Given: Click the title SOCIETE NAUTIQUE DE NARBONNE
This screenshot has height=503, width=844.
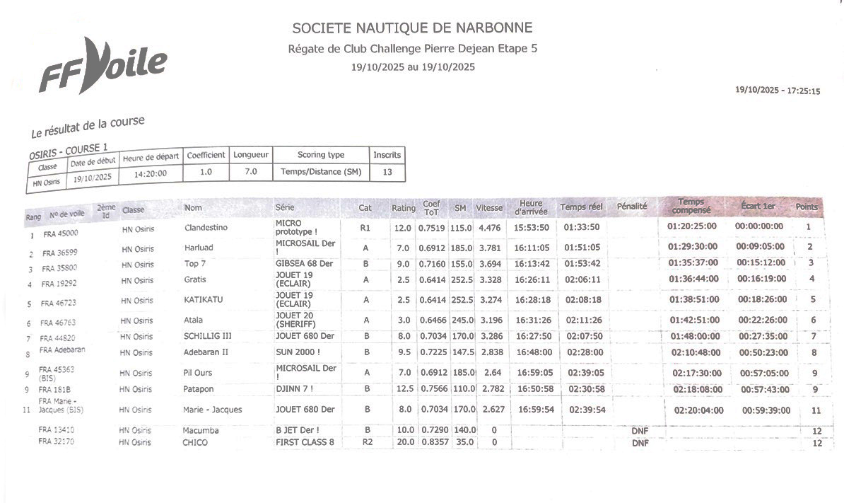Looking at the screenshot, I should (x=412, y=28).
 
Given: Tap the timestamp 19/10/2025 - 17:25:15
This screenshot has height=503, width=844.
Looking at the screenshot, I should (x=777, y=91).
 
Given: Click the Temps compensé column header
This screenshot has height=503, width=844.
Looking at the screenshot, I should (x=691, y=206).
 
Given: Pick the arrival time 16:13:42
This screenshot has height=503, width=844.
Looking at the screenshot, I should (x=533, y=264).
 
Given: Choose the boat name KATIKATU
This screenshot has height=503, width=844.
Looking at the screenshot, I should (x=203, y=300).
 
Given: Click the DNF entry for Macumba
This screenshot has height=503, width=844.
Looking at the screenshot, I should (x=639, y=431).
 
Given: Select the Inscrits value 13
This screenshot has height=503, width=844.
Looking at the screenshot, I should (x=387, y=171).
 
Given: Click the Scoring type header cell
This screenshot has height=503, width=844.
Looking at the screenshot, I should (x=320, y=155).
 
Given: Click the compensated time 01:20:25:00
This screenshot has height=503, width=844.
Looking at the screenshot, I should (x=692, y=226).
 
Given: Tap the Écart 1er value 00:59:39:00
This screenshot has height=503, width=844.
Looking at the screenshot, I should (x=765, y=410).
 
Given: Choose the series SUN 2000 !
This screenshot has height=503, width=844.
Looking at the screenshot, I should (x=298, y=352).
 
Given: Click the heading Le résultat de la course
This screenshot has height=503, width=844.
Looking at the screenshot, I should (x=88, y=127).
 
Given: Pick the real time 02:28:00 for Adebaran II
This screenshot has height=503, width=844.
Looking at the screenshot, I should (x=584, y=352).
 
